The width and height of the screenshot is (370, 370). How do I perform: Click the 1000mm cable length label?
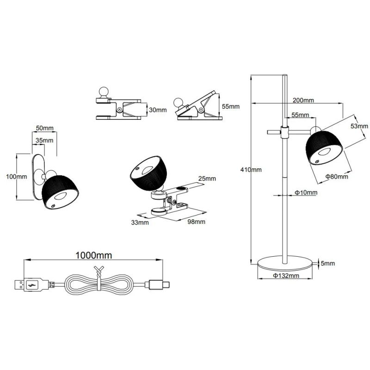tap(94, 255)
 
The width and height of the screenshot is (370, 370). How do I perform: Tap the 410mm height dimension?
tap(251, 170)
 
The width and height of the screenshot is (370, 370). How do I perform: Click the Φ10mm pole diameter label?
tap(306, 192)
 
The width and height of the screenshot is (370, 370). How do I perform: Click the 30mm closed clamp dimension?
tap(158, 110)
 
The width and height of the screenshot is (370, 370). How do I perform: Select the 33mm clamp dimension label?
tap(140, 222)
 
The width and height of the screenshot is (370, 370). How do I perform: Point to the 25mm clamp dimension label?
tap(207, 179)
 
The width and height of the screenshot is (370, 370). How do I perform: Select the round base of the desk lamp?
tap(285, 264)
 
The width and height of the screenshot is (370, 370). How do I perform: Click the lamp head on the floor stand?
tap(324, 148)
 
